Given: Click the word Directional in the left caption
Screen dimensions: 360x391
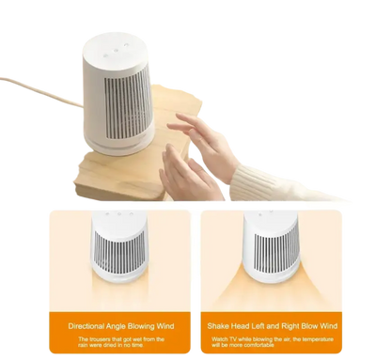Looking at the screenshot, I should tap(91, 326).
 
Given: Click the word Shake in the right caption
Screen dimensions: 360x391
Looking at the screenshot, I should tap(222, 326).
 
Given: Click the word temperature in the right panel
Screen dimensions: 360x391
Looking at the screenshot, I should tap(335, 338).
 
